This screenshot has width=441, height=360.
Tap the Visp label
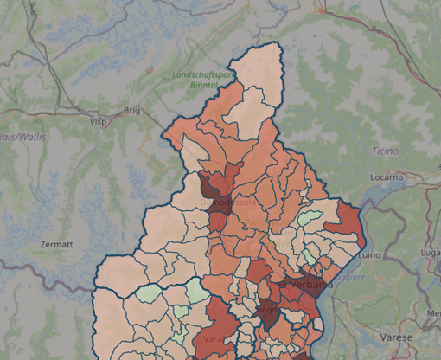[97, 122]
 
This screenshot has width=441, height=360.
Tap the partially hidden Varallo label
[213, 337]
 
